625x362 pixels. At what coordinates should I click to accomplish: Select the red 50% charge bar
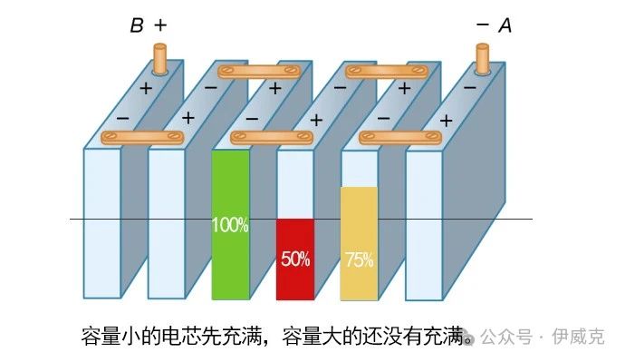click(x=295, y=272)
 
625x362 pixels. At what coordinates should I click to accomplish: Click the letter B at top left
click(x=136, y=26)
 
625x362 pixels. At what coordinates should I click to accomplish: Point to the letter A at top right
click(x=505, y=26)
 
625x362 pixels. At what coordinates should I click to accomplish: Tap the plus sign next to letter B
click(x=160, y=25)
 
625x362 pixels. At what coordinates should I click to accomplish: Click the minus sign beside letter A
click(x=483, y=26)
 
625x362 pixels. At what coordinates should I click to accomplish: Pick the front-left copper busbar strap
click(x=142, y=138)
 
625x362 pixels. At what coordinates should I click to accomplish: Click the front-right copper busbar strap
click(x=399, y=138)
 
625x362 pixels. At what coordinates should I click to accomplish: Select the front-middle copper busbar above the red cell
click(x=272, y=138)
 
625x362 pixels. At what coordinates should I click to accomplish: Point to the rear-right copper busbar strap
click(x=392, y=70)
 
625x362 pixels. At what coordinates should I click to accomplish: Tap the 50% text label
click(x=295, y=259)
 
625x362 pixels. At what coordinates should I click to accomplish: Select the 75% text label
click(x=359, y=259)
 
